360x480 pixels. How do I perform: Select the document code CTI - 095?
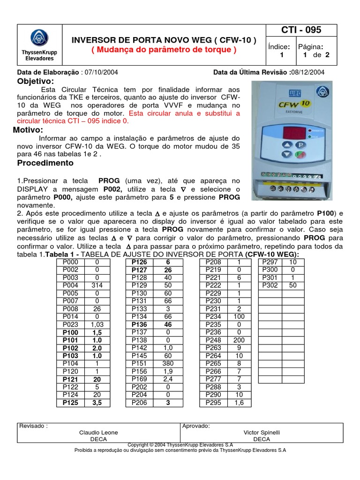coord(301,30)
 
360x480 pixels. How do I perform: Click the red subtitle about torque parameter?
coord(164,50)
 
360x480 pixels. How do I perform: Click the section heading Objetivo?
coord(36,81)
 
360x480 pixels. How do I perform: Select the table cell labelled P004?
coord(70,285)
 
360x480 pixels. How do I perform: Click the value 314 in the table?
coord(97,285)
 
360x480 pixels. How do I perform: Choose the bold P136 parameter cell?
coord(139,324)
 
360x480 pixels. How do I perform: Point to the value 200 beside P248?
coord(239,339)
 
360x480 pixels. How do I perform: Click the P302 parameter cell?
coord(270,285)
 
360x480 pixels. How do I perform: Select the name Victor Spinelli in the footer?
coord(261,433)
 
